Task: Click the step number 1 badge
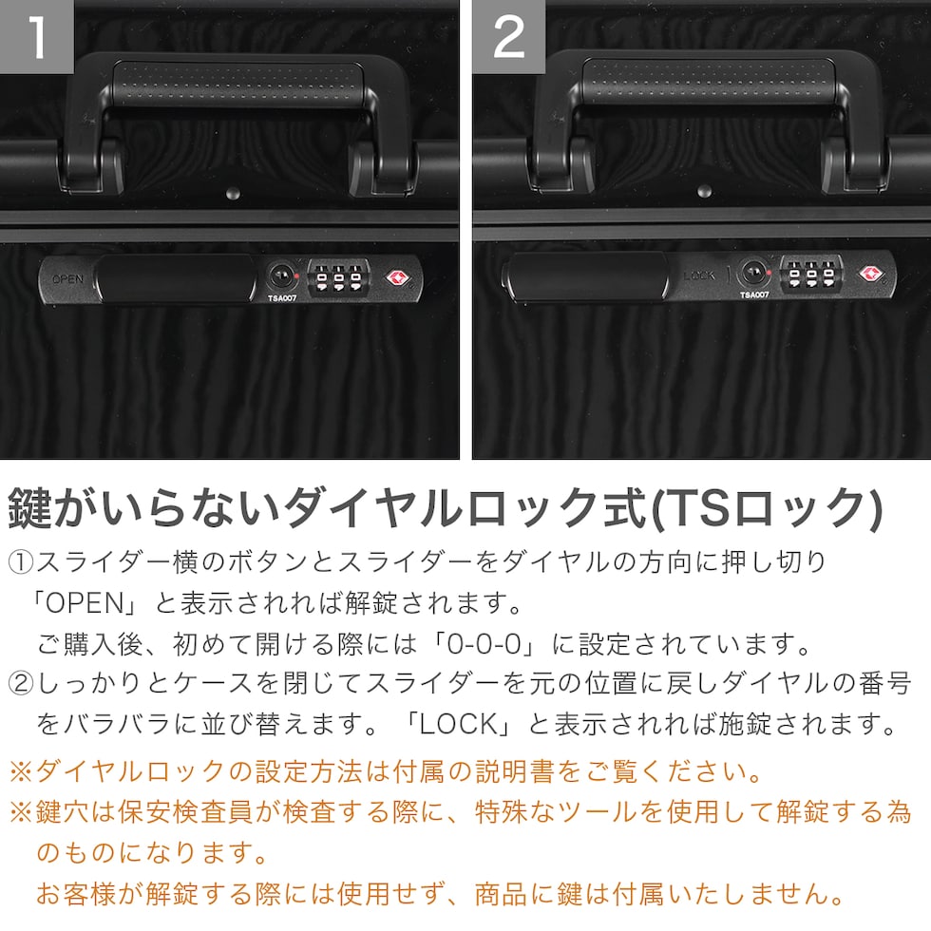tap(37, 37)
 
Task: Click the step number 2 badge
tap(509, 37)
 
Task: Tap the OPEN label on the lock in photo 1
tap(67, 278)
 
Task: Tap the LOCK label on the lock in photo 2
tap(699, 275)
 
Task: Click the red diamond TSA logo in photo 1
tap(397, 277)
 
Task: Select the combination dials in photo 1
tap(338, 277)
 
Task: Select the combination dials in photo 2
tap(811, 274)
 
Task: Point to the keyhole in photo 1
tap(281, 276)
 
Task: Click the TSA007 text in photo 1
tap(282, 298)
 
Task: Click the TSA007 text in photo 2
tap(754, 294)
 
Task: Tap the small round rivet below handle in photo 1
tap(234, 192)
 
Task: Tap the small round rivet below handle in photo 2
tap(705, 191)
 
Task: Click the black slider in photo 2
tap(586, 276)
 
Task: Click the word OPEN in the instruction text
tap(85, 603)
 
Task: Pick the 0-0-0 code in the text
tap(484, 644)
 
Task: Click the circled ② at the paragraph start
tap(21, 684)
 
